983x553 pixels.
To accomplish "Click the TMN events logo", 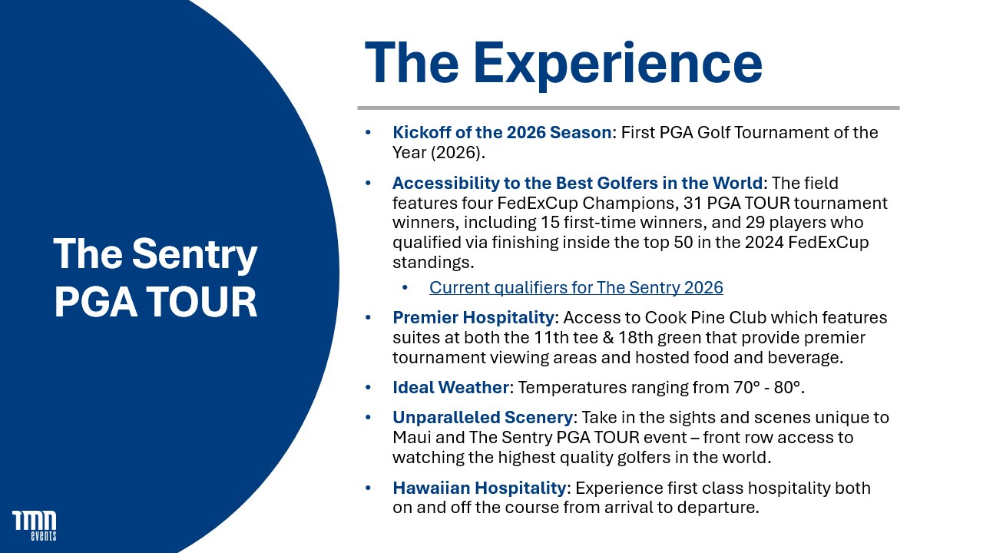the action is (35, 525).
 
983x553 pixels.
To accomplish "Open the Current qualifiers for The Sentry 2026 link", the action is (576, 287).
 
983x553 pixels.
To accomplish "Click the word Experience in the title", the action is (617, 64).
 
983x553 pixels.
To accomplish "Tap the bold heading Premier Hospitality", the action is (473, 317).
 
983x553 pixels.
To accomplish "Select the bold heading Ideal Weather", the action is (450, 387).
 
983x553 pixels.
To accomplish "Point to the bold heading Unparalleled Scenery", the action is (482, 417).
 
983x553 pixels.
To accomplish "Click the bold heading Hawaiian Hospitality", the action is (479, 488).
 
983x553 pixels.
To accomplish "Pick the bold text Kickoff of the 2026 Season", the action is (501, 132).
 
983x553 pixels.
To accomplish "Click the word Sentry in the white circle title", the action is (194, 255).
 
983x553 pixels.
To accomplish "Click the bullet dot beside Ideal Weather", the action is (368, 387).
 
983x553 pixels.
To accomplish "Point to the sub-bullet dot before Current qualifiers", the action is (405, 287).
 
